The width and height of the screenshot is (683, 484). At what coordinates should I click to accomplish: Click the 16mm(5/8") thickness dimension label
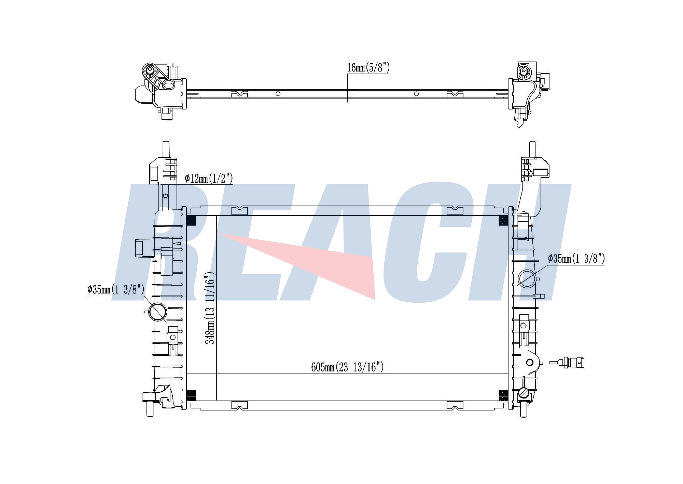click(368, 68)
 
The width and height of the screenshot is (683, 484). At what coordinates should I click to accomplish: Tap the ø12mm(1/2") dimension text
click(209, 178)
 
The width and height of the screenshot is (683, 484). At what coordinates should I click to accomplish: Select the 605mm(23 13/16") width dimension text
click(347, 367)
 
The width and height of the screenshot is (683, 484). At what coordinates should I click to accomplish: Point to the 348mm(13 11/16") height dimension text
click(210, 308)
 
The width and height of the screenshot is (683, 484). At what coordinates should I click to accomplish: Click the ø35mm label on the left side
click(116, 290)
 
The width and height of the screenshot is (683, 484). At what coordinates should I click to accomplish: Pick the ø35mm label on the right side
click(576, 259)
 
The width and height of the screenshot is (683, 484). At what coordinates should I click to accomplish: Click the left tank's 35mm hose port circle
click(158, 312)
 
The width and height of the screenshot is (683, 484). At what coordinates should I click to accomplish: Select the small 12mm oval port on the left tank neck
click(165, 196)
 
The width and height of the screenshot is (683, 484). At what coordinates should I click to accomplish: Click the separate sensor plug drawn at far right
click(567, 362)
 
